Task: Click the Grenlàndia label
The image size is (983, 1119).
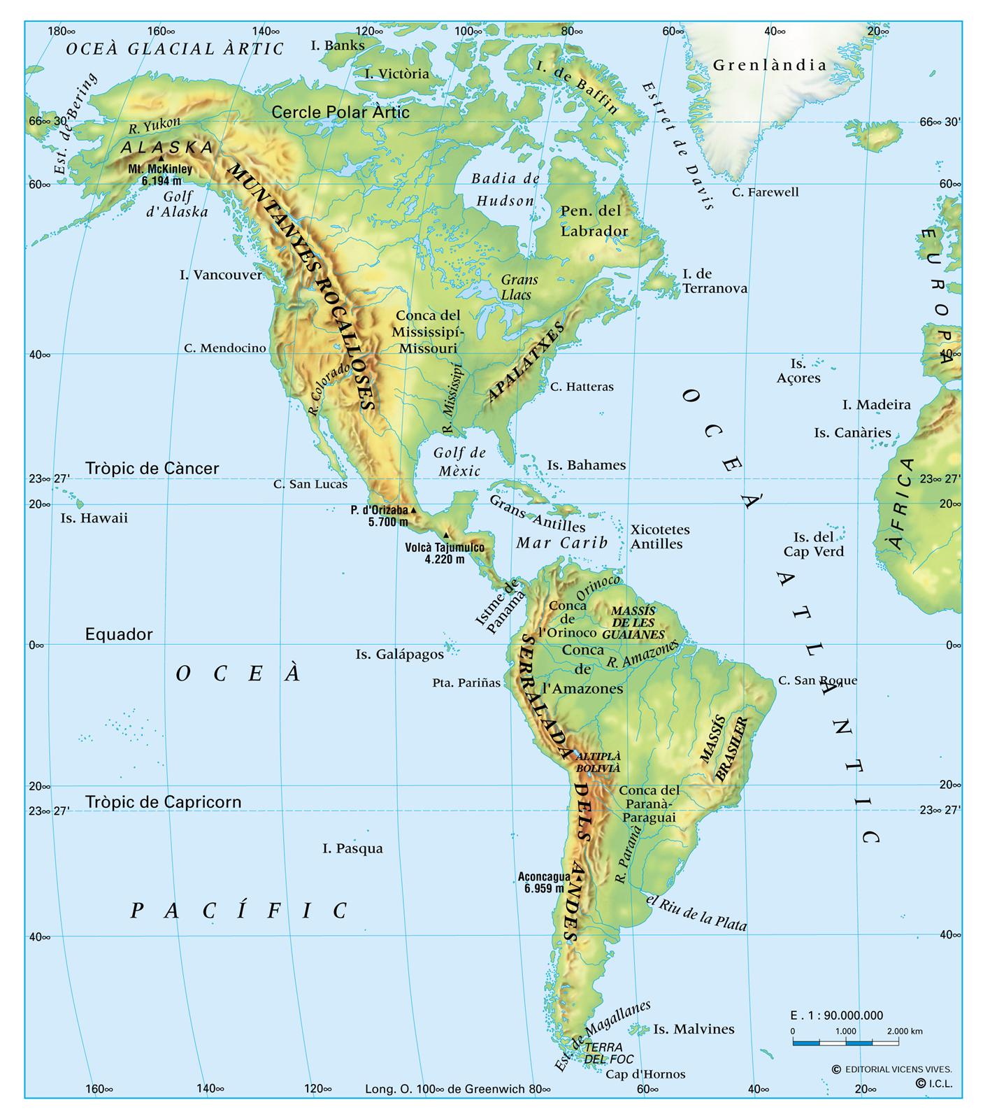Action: click(x=770, y=66)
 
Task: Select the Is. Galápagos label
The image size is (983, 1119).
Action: click(x=399, y=655)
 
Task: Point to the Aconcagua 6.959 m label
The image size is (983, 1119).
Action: click(x=540, y=882)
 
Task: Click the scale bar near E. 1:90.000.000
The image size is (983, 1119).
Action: click(x=845, y=1043)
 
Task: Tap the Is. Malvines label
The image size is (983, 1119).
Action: click(x=694, y=1029)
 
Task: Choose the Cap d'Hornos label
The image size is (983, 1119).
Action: click(x=645, y=1074)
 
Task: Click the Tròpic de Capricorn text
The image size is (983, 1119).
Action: click(x=164, y=802)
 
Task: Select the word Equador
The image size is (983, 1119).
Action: click(x=119, y=634)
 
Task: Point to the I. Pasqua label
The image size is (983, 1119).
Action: click(x=352, y=848)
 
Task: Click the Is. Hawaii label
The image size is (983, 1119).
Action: click(x=94, y=518)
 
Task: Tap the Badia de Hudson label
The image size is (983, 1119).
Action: click(x=505, y=190)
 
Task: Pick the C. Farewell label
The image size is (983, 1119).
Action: click(x=765, y=192)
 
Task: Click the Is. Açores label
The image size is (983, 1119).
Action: click(x=798, y=371)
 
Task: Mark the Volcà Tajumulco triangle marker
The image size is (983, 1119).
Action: click(x=446, y=535)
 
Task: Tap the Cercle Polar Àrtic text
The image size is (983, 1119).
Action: click(x=340, y=112)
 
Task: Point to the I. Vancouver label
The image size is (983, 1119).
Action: click(x=220, y=275)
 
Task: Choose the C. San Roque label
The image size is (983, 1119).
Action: click(x=817, y=680)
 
